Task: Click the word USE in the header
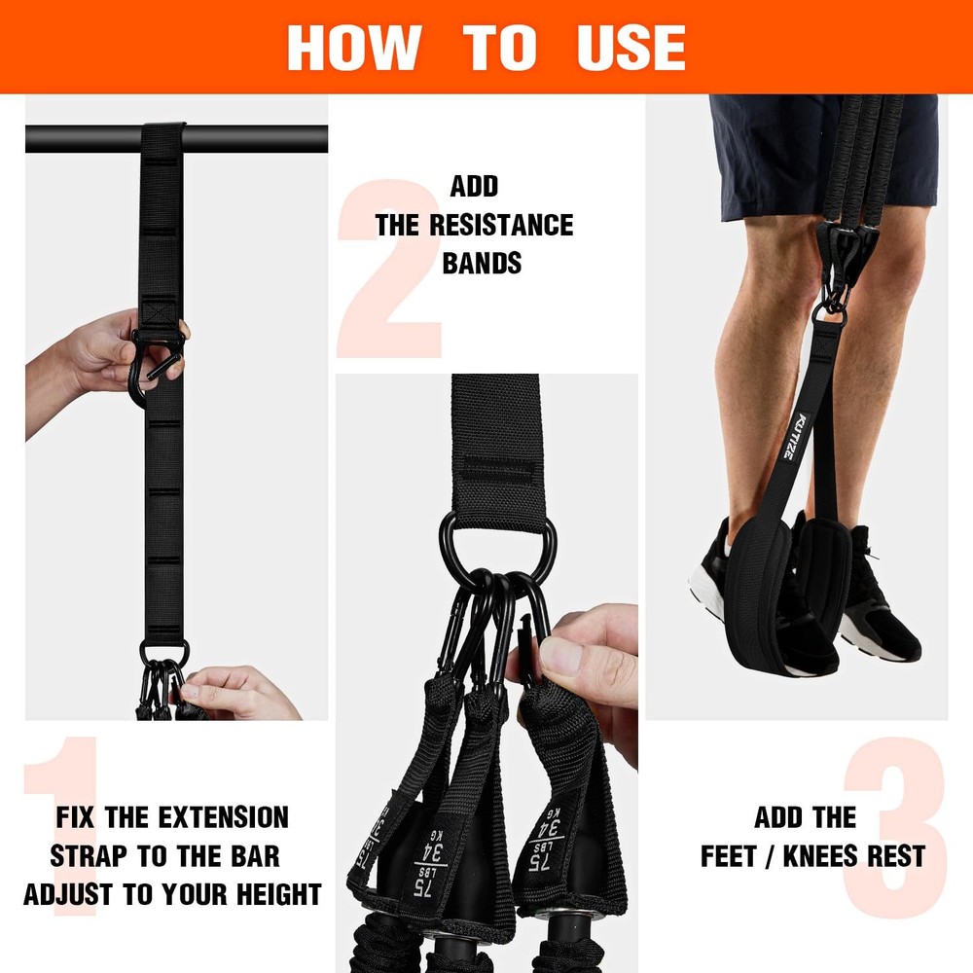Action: pyautogui.click(x=631, y=47)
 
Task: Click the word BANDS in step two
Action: pyautogui.click(x=482, y=264)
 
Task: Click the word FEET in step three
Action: pyautogui.click(x=732, y=855)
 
